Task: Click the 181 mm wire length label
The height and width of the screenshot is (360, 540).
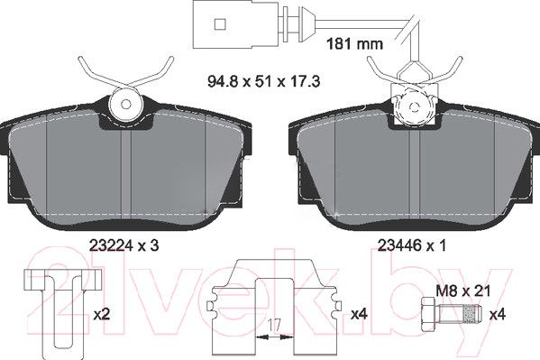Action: point(354,44)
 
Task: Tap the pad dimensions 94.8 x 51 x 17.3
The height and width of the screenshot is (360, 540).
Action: point(264,82)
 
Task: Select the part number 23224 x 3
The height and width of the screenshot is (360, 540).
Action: point(124,245)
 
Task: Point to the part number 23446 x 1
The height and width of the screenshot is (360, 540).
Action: point(412,245)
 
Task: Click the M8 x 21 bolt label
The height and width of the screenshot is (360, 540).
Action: point(462,291)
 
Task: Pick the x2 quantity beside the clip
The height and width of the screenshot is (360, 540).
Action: point(102,315)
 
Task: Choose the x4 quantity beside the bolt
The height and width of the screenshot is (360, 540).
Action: point(498,315)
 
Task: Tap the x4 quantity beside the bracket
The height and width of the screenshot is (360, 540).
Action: point(359,314)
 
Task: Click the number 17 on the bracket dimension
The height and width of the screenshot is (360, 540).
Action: point(274,325)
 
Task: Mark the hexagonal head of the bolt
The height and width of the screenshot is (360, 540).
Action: point(429,315)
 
